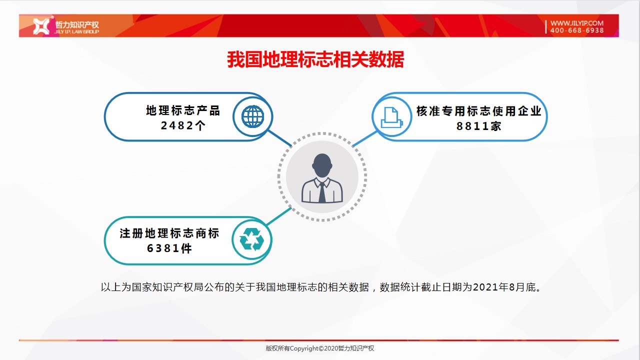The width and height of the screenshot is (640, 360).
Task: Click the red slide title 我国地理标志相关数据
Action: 315,59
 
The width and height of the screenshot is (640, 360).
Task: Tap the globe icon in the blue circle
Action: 253,116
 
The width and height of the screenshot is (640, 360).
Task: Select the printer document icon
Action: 391,117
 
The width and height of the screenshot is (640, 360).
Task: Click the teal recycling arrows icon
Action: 251,239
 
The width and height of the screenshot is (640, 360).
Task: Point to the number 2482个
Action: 183,125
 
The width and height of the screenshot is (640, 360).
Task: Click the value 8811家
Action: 479,126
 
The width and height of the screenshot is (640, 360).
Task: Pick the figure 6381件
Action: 169,248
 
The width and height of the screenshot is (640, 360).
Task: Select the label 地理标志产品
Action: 183,110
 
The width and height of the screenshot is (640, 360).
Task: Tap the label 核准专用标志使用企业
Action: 479,111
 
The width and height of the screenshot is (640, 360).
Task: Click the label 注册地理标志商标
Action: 169,233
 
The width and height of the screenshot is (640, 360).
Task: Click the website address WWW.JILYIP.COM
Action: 577,23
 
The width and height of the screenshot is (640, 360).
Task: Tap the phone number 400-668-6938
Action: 577,30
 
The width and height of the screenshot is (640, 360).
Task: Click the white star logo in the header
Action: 41,26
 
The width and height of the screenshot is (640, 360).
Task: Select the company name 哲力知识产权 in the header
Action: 77,24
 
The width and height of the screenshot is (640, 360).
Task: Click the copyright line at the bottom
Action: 319,348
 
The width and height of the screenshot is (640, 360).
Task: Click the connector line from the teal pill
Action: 279,216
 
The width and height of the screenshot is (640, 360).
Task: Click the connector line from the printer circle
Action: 365,138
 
